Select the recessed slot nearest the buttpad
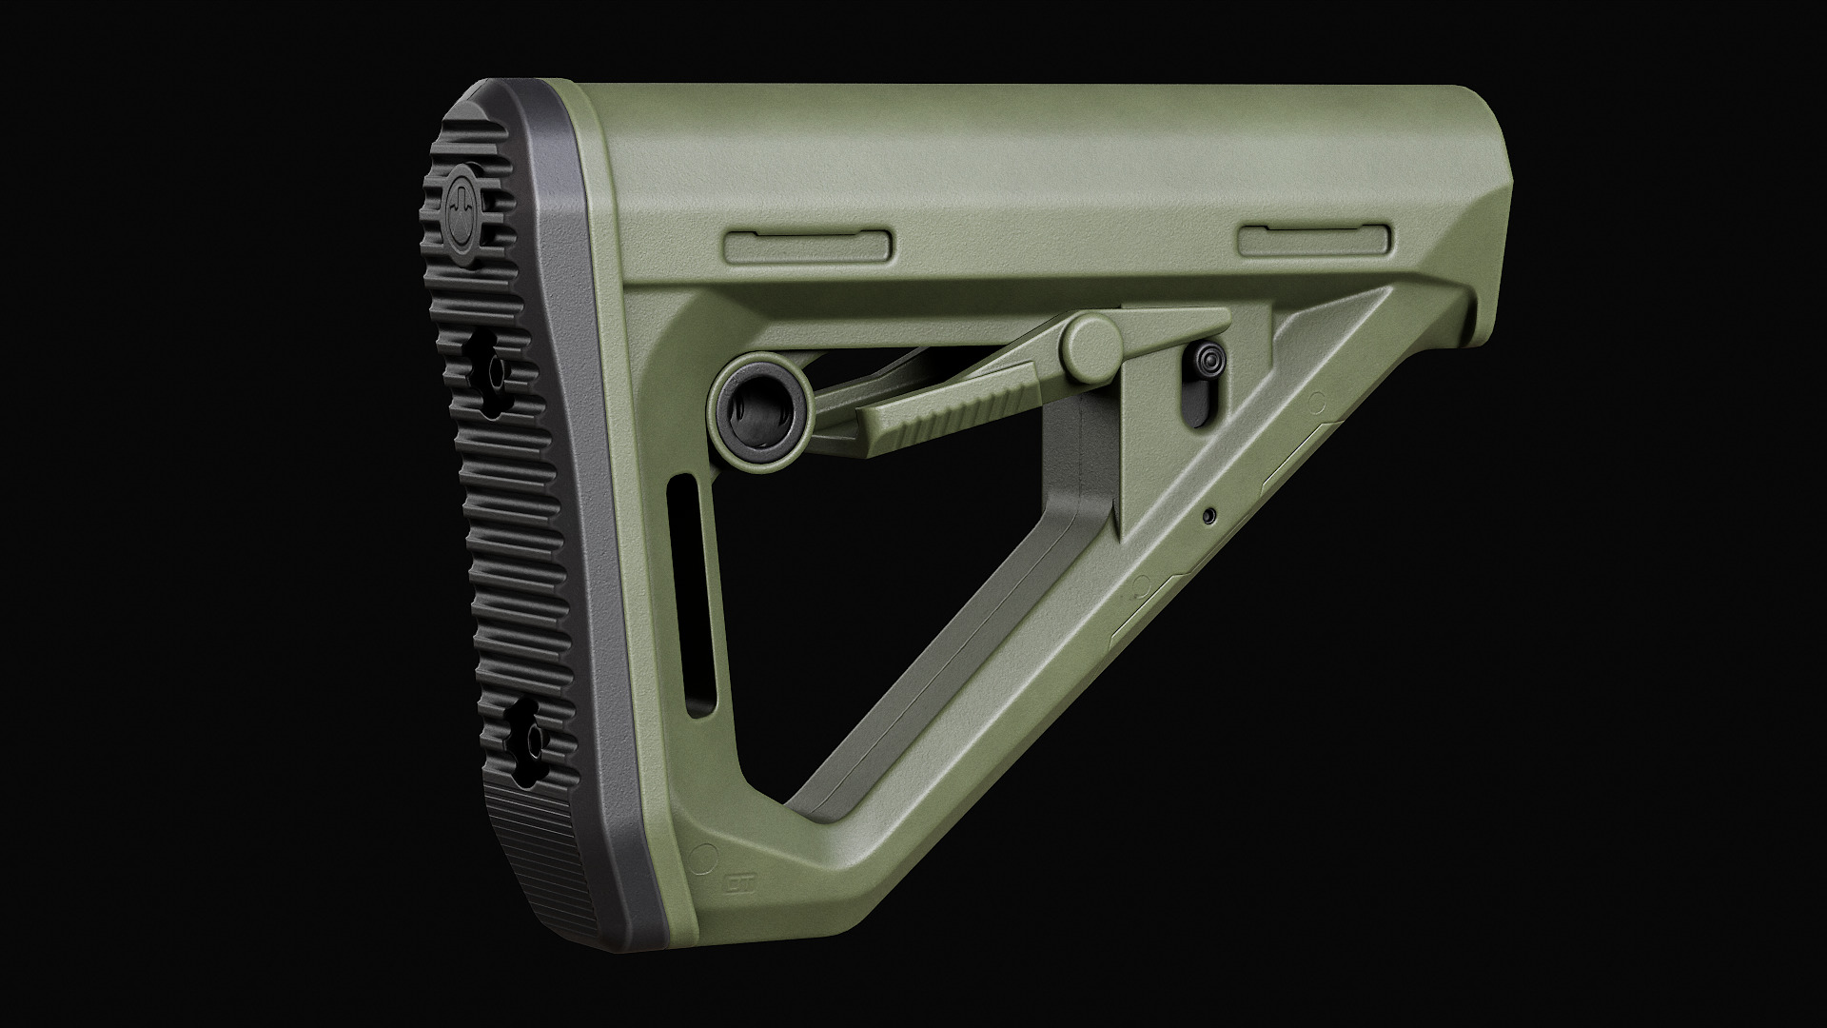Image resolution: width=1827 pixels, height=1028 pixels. tap(808, 247)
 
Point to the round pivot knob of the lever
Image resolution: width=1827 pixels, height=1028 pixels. tap(1092, 345)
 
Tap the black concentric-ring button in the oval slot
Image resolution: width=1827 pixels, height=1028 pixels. tap(1209, 360)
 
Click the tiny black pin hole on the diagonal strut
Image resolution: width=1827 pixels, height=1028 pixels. tap(1209, 516)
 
